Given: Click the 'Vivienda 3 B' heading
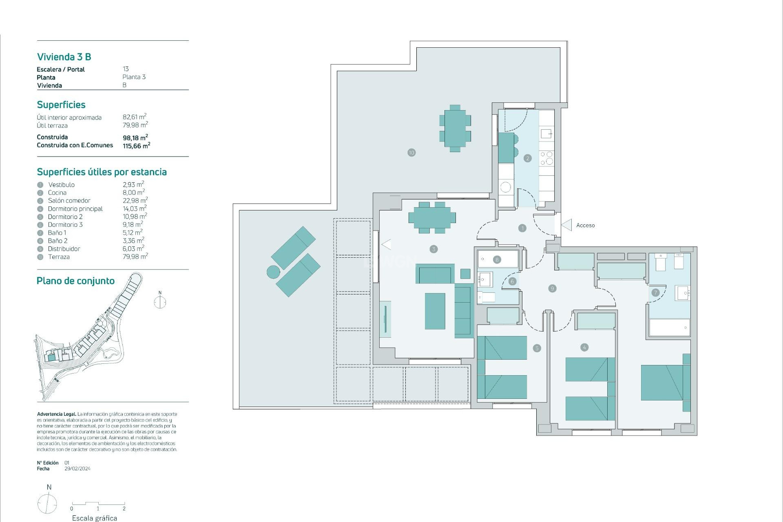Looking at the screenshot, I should click(x=64, y=57).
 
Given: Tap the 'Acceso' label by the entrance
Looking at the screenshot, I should click(x=585, y=225).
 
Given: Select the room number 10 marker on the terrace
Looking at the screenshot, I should click(x=411, y=153).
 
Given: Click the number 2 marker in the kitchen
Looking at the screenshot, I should click(x=527, y=158).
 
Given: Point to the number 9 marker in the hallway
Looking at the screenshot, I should click(x=552, y=288).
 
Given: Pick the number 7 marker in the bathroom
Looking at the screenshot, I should click(x=655, y=292).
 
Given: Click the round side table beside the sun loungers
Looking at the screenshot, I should click(x=273, y=272).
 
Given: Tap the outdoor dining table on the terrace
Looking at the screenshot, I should click(x=455, y=128).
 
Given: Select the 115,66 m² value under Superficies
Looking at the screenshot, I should click(x=136, y=146).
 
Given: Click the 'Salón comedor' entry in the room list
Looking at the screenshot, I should click(x=69, y=201).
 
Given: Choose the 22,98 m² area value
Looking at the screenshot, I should click(x=135, y=201).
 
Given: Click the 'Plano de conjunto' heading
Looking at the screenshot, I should click(x=75, y=281).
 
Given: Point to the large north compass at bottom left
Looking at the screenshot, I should click(x=47, y=503).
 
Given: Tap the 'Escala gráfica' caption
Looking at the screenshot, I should click(x=94, y=518).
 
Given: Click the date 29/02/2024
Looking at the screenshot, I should click(x=77, y=469).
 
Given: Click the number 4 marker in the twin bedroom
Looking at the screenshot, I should click(x=584, y=347).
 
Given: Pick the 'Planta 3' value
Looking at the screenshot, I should click(x=134, y=77).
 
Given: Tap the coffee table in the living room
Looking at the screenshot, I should click(x=435, y=311).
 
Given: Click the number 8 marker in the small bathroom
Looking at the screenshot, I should click(x=496, y=259).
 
